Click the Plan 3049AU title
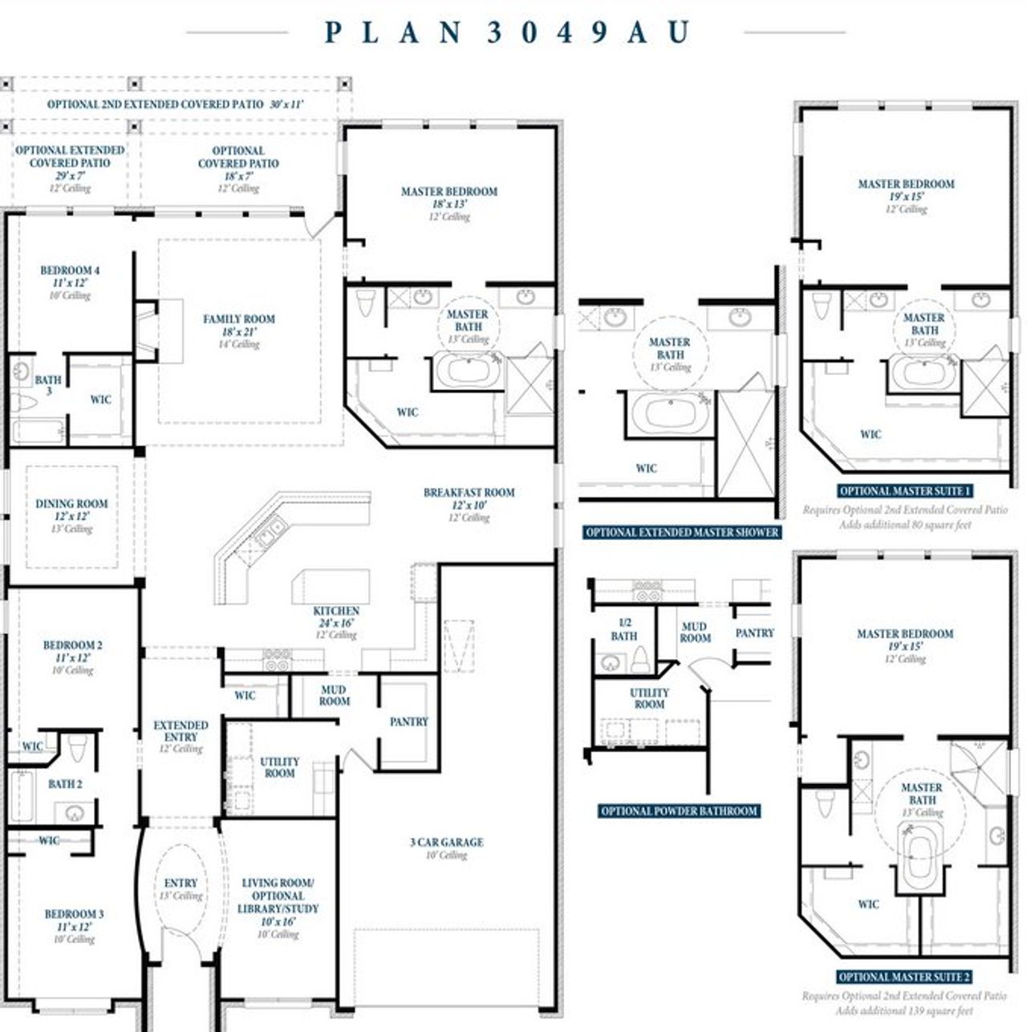(507, 32)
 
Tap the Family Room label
(238, 319)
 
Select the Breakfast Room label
(469, 493)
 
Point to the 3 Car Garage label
(446, 843)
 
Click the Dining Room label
(71, 504)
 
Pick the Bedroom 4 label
(70, 271)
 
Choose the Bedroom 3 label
(74, 914)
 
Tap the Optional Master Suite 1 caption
(905, 491)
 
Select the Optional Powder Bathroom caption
(679, 811)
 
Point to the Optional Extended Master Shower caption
(681, 532)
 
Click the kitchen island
(331, 586)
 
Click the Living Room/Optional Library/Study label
(278, 896)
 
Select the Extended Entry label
(181, 731)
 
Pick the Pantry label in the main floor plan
(408, 722)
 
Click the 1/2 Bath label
(623, 629)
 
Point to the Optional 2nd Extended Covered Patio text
(155, 104)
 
